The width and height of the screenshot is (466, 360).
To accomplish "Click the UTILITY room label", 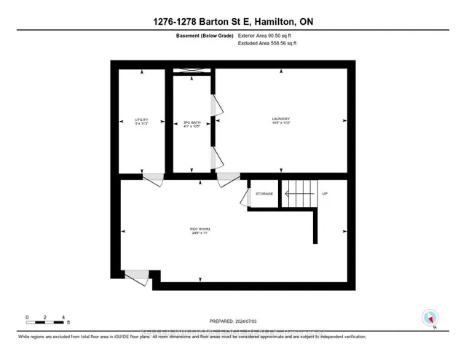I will click(141, 119).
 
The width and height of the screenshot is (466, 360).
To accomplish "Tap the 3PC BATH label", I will click(191, 119).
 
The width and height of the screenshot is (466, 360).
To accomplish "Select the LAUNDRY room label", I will click(281, 119).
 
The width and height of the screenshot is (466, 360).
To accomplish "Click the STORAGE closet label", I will click(264, 193).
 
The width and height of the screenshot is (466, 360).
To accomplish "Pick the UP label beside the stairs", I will click(325, 193).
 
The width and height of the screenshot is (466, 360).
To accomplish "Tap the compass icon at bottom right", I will click(430, 318).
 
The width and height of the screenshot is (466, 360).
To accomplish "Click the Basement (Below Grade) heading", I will click(203, 35).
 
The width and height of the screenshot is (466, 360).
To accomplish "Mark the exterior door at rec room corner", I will click(136, 276).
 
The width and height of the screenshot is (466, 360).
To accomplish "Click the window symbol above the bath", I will click(191, 71).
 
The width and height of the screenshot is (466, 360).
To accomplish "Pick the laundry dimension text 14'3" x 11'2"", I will click(281, 124).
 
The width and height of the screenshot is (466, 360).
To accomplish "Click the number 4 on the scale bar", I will click(64, 317).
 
